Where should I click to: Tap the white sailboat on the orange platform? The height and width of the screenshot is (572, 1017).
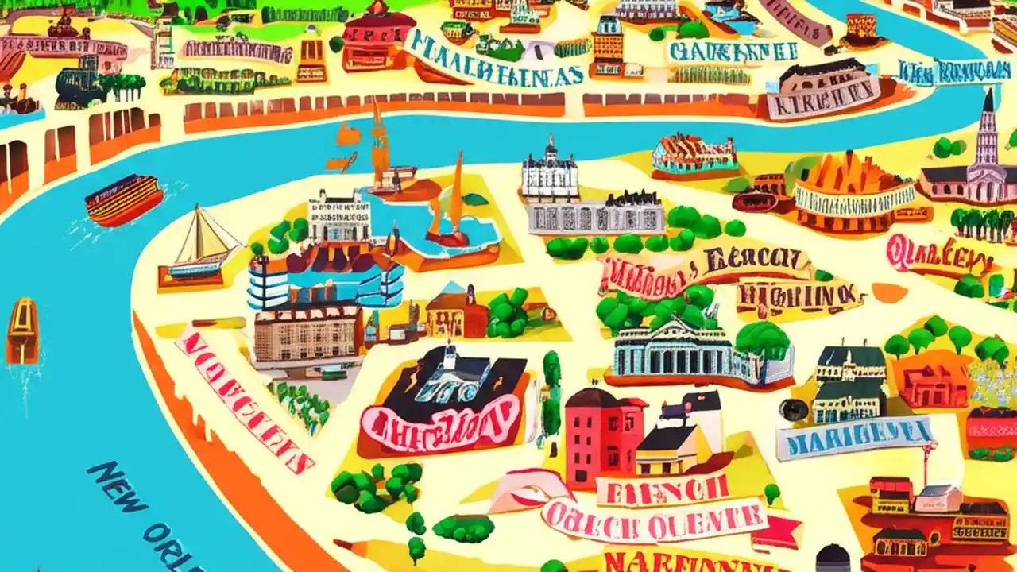[199, 247]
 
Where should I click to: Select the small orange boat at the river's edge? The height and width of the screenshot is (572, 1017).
[22, 329]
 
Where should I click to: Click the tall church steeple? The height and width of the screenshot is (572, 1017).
[988, 131]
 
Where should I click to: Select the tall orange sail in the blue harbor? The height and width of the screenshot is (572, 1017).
[456, 199]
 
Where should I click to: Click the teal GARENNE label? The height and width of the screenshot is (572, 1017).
[732, 52]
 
